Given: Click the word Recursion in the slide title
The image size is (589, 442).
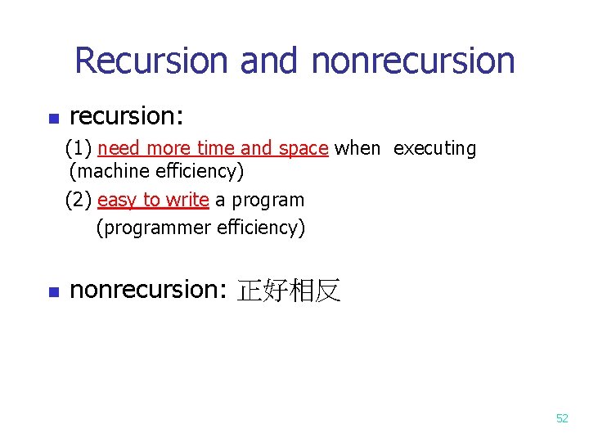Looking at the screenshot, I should click(x=151, y=61).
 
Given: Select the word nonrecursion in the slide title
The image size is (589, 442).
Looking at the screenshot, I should click(x=413, y=61).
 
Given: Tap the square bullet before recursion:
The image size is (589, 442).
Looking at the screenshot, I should click(x=53, y=120).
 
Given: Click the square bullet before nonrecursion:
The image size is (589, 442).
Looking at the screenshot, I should click(x=53, y=291).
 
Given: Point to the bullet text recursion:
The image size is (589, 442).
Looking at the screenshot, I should click(x=126, y=116).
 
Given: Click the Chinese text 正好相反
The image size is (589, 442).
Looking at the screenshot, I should click(x=288, y=291).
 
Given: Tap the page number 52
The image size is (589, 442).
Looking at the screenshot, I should click(x=562, y=418).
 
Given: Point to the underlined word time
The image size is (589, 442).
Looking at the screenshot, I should click(x=217, y=148).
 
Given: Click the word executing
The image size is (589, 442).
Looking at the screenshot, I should click(x=434, y=149).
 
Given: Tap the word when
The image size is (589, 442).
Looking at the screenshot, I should click(x=357, y=148).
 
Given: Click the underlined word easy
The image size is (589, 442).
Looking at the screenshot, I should click(x=118, y=201).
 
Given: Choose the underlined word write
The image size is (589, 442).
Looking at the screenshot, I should click(x=187, y=200).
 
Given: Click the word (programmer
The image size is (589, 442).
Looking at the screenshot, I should click(x=154, y=228).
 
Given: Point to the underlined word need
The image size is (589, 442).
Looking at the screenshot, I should click(x=118, y=148).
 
